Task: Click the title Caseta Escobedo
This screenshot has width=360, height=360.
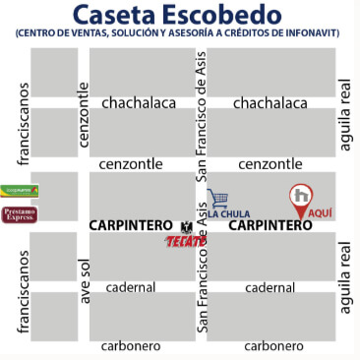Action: pos(180,15)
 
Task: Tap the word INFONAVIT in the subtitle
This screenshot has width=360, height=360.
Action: pos(313,33)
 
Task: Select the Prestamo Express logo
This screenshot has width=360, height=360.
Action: pos(21,213)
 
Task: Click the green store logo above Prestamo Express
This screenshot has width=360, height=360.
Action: pos(21,190)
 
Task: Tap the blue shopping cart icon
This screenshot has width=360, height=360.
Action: pos(218,199)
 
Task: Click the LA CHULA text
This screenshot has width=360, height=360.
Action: pos(230,212)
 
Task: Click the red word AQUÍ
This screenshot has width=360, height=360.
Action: pos(321,212)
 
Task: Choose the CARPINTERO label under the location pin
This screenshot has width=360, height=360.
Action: pos(270,225)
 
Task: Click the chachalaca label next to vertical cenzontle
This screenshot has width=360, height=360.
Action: pos(139,101)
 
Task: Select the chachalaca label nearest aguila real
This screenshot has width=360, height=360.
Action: pos(270,101)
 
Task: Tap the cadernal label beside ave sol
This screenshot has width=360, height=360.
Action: pos(131,287)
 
